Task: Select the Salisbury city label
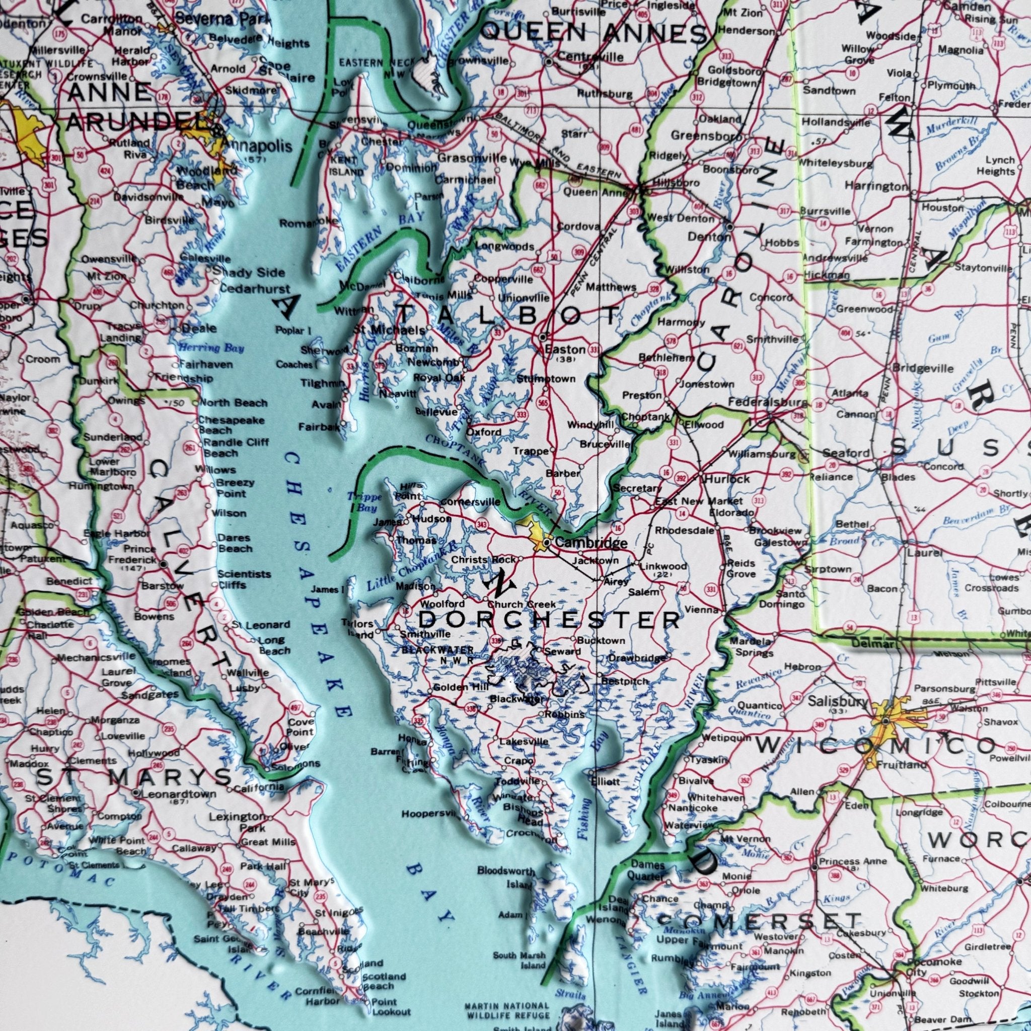point(838,702)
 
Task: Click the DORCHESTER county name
point(550,620)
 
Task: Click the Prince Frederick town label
point(132,555)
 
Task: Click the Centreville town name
point(590,56)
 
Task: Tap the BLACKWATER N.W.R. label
point(437,654)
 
